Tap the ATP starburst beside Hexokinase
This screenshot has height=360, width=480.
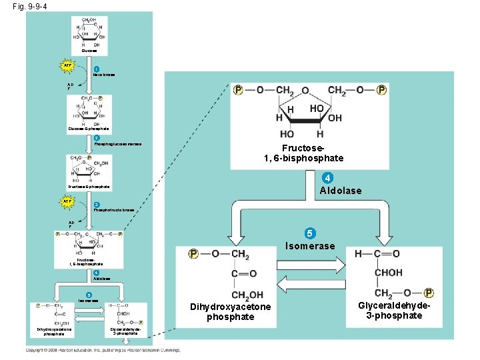pos(68,65)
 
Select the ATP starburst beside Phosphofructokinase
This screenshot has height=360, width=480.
pos(68,201)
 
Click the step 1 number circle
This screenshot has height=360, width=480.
pos(96,69)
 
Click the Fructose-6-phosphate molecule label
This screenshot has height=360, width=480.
pos(89,187)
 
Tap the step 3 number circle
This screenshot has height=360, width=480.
pos(96,205)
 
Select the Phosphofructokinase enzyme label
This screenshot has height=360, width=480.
pos(114,210)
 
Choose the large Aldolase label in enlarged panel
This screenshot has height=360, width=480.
pos(341,191)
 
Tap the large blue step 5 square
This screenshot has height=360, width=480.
pos(309,233)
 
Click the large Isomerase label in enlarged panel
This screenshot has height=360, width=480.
pos(310,246)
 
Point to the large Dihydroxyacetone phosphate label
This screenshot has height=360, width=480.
pos(231,311)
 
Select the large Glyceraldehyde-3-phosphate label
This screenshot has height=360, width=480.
pos(394,310)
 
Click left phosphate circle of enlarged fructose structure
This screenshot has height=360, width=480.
pos(238,90)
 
